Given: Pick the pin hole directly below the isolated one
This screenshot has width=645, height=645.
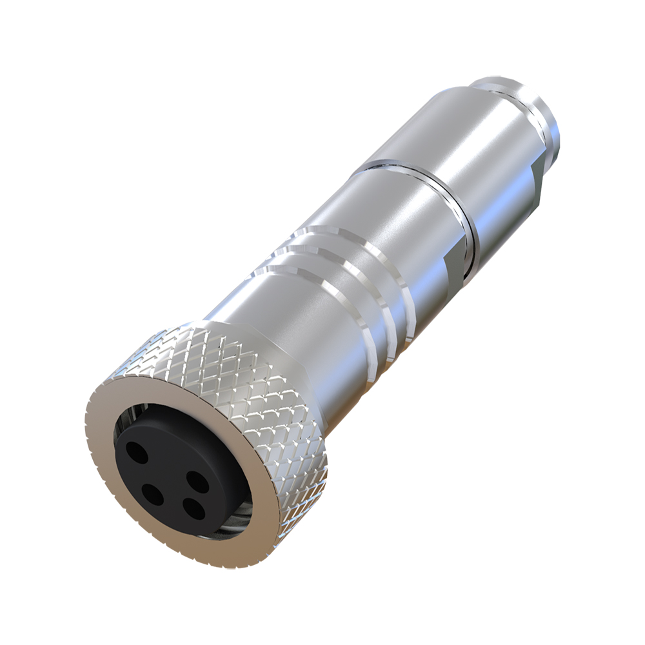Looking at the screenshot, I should pyautogui.click(x=152, y=495).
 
